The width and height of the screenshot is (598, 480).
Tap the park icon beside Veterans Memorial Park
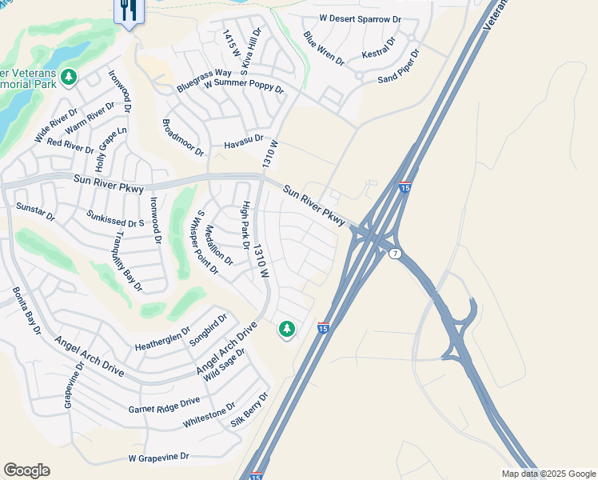click(x=70, y=76)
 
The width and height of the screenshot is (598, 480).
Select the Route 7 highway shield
click(x=395, y=254)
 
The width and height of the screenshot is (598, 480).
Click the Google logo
click(x=26, y=470)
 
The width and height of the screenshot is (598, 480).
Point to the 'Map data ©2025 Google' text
click(x=548, y=474)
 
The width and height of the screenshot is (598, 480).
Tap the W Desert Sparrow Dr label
click(x=360, y=18)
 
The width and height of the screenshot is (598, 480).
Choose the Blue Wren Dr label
click(x=323, y=48)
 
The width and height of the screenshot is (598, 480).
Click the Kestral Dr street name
click(x=379, y=48)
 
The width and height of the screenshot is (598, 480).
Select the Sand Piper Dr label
click(x=399, y=66)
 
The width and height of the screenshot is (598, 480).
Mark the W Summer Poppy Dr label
click(x=244, y=85)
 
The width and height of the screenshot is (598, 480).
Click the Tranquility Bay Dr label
click(x=128, y=261)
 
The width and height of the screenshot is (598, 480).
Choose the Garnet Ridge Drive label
click(x=164, y=406)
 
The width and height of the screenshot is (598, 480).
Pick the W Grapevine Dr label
click(x=158, y=458)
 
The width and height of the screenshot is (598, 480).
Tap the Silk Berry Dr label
click(x=249, y=410)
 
